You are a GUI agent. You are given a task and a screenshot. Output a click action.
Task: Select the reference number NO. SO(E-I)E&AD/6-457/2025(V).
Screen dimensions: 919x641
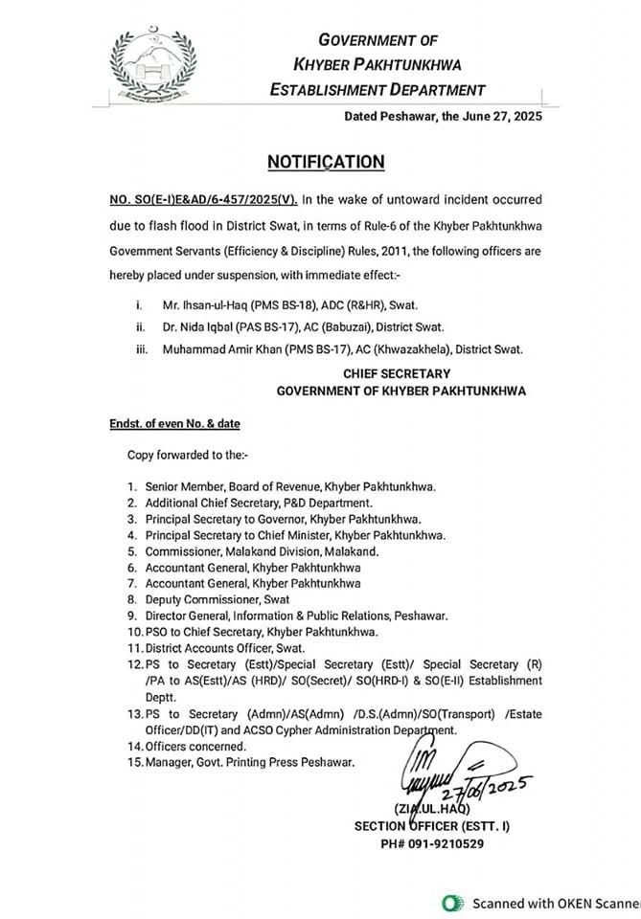[203, 199]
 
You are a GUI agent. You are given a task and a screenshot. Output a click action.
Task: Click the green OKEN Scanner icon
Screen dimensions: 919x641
[450, 903]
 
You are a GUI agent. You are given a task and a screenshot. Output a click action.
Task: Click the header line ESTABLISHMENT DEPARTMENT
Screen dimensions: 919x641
[378, 90]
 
